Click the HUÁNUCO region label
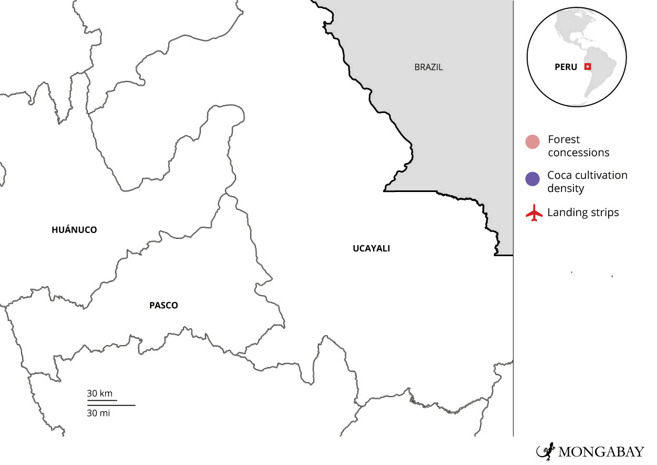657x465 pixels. tap(74, 230)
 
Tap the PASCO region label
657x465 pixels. tap(163, 305)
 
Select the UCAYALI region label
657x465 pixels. tap(371, 249)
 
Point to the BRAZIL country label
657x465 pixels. tap(428, 67)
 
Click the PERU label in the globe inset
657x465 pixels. tap(566, 67)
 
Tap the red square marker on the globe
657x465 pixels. tap(588, 66)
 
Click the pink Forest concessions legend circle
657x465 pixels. tap(532, 142)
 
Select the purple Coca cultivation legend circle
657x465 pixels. tap(532, 179)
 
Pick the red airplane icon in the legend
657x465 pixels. tap(534, 214)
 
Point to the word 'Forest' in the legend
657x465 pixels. tap(563, 140)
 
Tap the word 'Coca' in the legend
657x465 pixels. tap(559, 175)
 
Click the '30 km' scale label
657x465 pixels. tap(99, 393)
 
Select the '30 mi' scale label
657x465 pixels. tap(98, 413)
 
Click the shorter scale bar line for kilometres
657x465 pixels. tap(102, 400)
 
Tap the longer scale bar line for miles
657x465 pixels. tap(111, 405)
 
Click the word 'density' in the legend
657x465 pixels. tap(565, 188)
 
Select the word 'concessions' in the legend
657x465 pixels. tap(578, 153)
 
